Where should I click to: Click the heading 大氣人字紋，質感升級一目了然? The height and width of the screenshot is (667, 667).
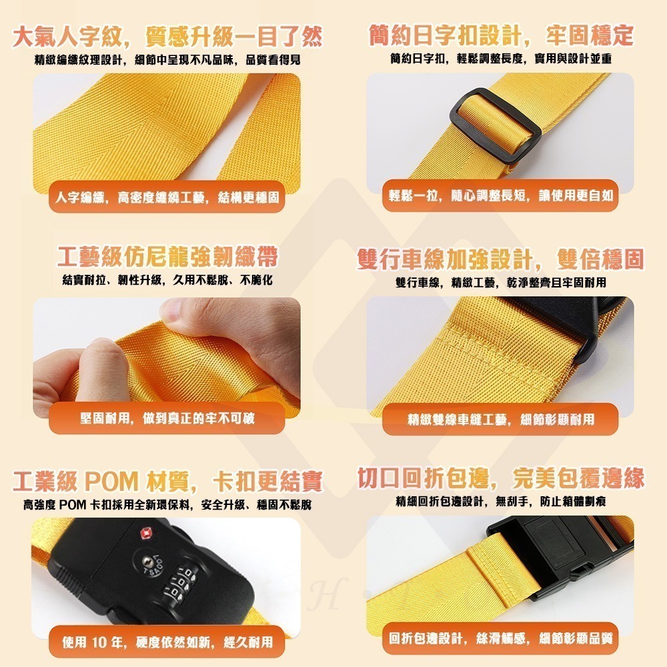(x=167, y=35)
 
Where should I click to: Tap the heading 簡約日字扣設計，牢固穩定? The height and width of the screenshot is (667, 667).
(x=500, y=35)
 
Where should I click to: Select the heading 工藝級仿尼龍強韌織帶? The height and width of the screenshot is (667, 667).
(x=167, y=257)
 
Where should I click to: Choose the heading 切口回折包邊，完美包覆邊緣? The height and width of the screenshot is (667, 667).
(x=500, y=478)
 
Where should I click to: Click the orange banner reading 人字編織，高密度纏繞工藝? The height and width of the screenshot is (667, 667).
(x=167, y=197)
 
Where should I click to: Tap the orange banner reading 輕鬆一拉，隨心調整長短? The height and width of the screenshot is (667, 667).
(x=500, y=196)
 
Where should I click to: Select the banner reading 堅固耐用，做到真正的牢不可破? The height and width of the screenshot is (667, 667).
(x=167, y=419)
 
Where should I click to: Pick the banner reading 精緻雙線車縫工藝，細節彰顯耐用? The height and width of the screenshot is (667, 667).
(x=500, y=420)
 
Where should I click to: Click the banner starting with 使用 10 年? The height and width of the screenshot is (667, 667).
(x=167, y=642)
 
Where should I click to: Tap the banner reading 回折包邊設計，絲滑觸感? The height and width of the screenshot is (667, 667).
(x=500, y=640)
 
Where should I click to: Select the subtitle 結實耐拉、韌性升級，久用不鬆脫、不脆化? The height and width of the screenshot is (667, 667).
(x=167, y=280)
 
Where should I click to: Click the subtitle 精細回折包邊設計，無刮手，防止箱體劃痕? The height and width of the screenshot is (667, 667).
(x=500, y=501)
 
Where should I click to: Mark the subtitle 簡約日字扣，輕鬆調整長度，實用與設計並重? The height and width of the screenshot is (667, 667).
(x=500, y=59)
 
